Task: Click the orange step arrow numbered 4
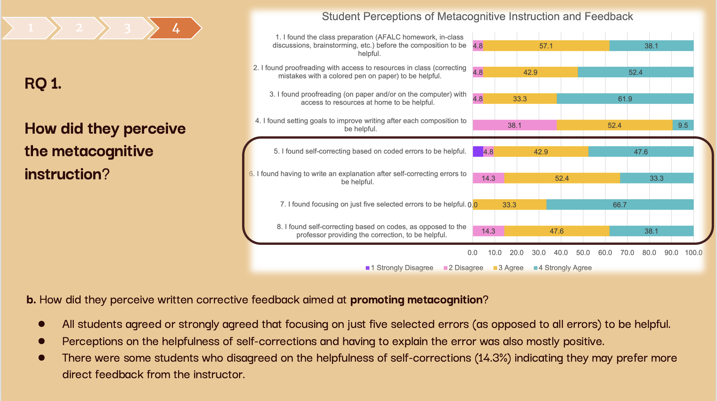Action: (x=175, y=28)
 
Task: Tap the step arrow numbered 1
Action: (x=30, y=28)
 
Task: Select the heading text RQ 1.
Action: (x=43, y=83)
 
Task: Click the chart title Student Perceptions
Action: (x=477, y=17)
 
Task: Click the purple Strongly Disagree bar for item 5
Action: (x=478, y=152)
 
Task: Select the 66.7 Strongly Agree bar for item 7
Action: (x=619, y=204)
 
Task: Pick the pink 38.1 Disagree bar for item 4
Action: (x=514, y=125)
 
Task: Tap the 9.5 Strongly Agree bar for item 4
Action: (x=683, y=125)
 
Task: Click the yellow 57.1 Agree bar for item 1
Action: (x=546, y=46)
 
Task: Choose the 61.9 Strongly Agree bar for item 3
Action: (x=625, y=99)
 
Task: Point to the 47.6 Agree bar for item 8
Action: (x=557, y=231)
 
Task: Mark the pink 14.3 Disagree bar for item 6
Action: (x=488, y=178)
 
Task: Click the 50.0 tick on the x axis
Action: (x=583, y=253)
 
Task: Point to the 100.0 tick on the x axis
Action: (x=693, y=253)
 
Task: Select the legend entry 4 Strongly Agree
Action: (x=563, y=268)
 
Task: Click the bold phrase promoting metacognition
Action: (x=416, y=300)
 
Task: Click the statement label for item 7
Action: (x=373, y=204)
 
